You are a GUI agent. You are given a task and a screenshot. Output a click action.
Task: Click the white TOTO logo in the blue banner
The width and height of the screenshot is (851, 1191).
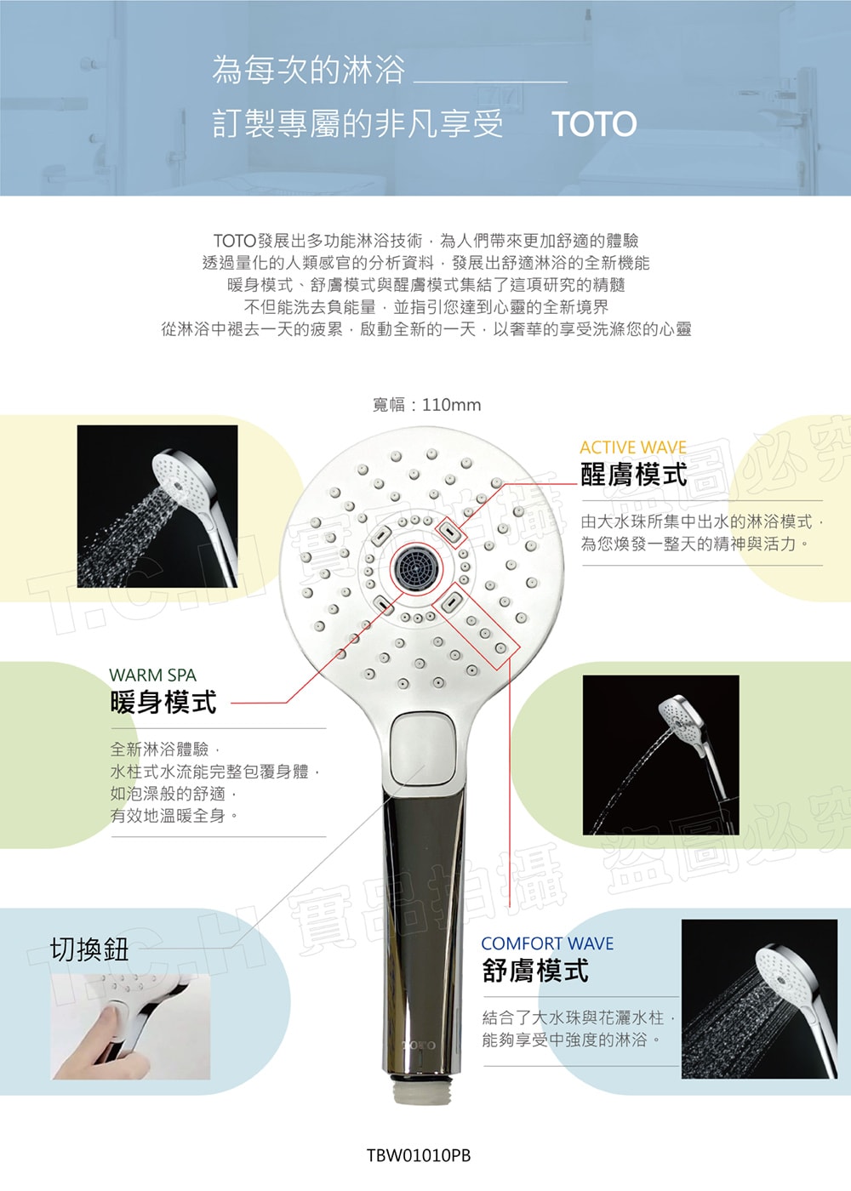[x=594, y=124]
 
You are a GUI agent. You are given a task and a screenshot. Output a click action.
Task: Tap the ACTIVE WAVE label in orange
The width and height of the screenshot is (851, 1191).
[x=633, y=447]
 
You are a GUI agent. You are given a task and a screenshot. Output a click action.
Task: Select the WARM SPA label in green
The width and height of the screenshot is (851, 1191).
[x=152, y=675]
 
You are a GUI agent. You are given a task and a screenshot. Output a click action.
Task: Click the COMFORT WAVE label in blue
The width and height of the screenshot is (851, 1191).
[x=547, y=943]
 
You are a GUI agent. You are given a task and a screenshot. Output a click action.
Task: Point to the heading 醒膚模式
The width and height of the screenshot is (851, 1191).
[x=633, y=475]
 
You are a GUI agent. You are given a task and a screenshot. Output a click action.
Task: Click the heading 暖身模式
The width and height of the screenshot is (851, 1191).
[x=163, y=702]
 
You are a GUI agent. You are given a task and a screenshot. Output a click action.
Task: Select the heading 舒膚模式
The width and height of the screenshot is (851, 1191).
[x=535, y=971]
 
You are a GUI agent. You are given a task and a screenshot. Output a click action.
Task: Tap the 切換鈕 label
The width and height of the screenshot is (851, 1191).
[x=89, y=949]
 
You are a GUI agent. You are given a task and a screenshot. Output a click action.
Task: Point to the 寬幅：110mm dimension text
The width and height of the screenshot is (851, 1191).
[x=426, y=405]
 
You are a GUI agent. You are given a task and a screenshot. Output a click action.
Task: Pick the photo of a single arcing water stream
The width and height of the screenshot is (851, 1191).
[x=660, y=755]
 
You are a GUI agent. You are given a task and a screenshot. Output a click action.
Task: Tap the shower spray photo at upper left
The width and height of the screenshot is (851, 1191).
[x=157, y=506]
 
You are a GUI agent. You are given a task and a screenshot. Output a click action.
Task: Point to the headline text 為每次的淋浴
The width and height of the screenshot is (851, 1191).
[x=308, y=70]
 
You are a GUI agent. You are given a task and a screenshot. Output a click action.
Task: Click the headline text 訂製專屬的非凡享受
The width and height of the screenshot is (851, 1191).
[x=358, y=124]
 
